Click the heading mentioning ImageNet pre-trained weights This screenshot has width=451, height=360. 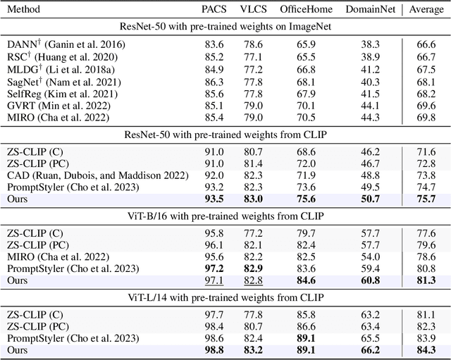(x=225, y=27)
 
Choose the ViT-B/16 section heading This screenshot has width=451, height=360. (x=225, y=216)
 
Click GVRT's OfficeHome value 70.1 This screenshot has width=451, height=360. (x=305, y=108)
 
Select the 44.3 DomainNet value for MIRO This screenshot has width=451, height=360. (x=369, y=121)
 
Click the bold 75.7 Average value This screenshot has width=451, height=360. (x=426, y=199)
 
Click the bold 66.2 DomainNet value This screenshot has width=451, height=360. (x=369, y=351)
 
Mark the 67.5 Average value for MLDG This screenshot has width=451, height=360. (x=426, y=70)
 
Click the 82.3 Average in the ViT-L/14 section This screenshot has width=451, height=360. (x=426, y=325)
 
